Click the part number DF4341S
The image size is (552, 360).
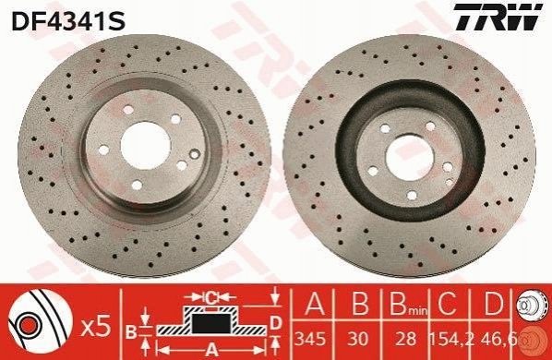point(68,20)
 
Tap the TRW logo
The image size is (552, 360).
point(498,17)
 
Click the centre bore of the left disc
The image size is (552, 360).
point(146,145)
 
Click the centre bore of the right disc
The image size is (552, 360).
point(410,158)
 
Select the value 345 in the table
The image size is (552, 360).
point(310,340)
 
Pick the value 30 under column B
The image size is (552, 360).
point(357,340)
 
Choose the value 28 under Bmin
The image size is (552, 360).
point(406,340)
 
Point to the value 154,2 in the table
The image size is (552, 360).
point(451,340)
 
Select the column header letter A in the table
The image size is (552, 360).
point(315,304)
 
